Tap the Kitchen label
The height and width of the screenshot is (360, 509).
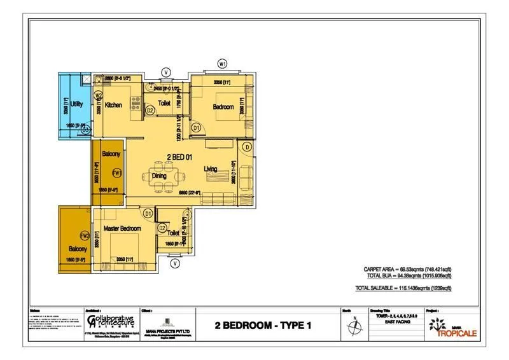coord(114,105)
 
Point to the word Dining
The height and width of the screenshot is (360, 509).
coord(160,176)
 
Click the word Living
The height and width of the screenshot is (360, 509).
coord(211,169)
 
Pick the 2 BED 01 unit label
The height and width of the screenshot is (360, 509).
coord(181,157)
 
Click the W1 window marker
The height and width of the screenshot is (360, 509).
coord(223,64)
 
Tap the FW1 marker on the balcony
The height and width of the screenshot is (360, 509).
coord(116,173)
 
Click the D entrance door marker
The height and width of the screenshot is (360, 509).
coord(247,147)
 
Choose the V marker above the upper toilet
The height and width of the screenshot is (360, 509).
coord(166,71)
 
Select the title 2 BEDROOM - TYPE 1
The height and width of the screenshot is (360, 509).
coord(263,326)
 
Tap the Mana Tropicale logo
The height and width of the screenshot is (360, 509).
coord(454,326)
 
